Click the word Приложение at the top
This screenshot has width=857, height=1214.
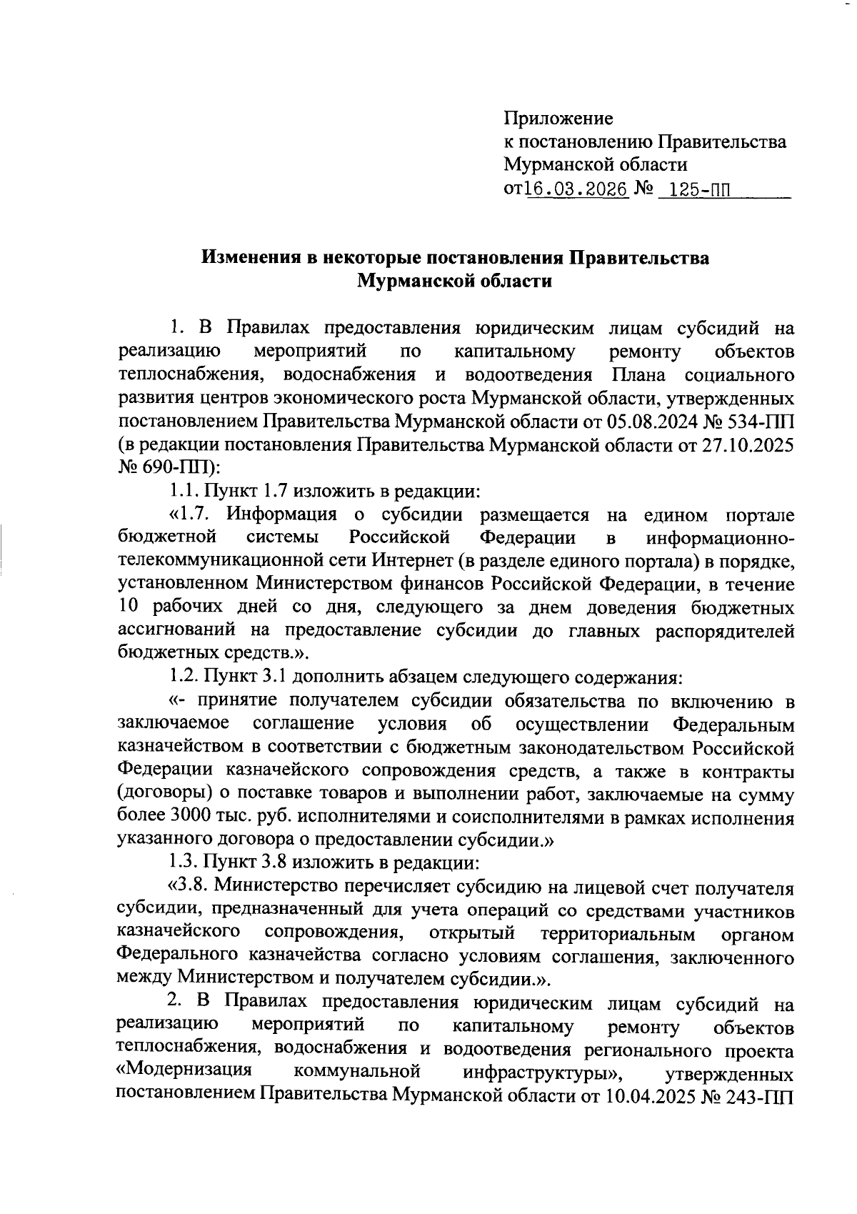tap(558, 118)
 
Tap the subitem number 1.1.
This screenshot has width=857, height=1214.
tap(184, 492)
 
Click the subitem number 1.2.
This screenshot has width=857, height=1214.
tap(184, 675)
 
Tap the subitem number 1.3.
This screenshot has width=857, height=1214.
tap(184, 863)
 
